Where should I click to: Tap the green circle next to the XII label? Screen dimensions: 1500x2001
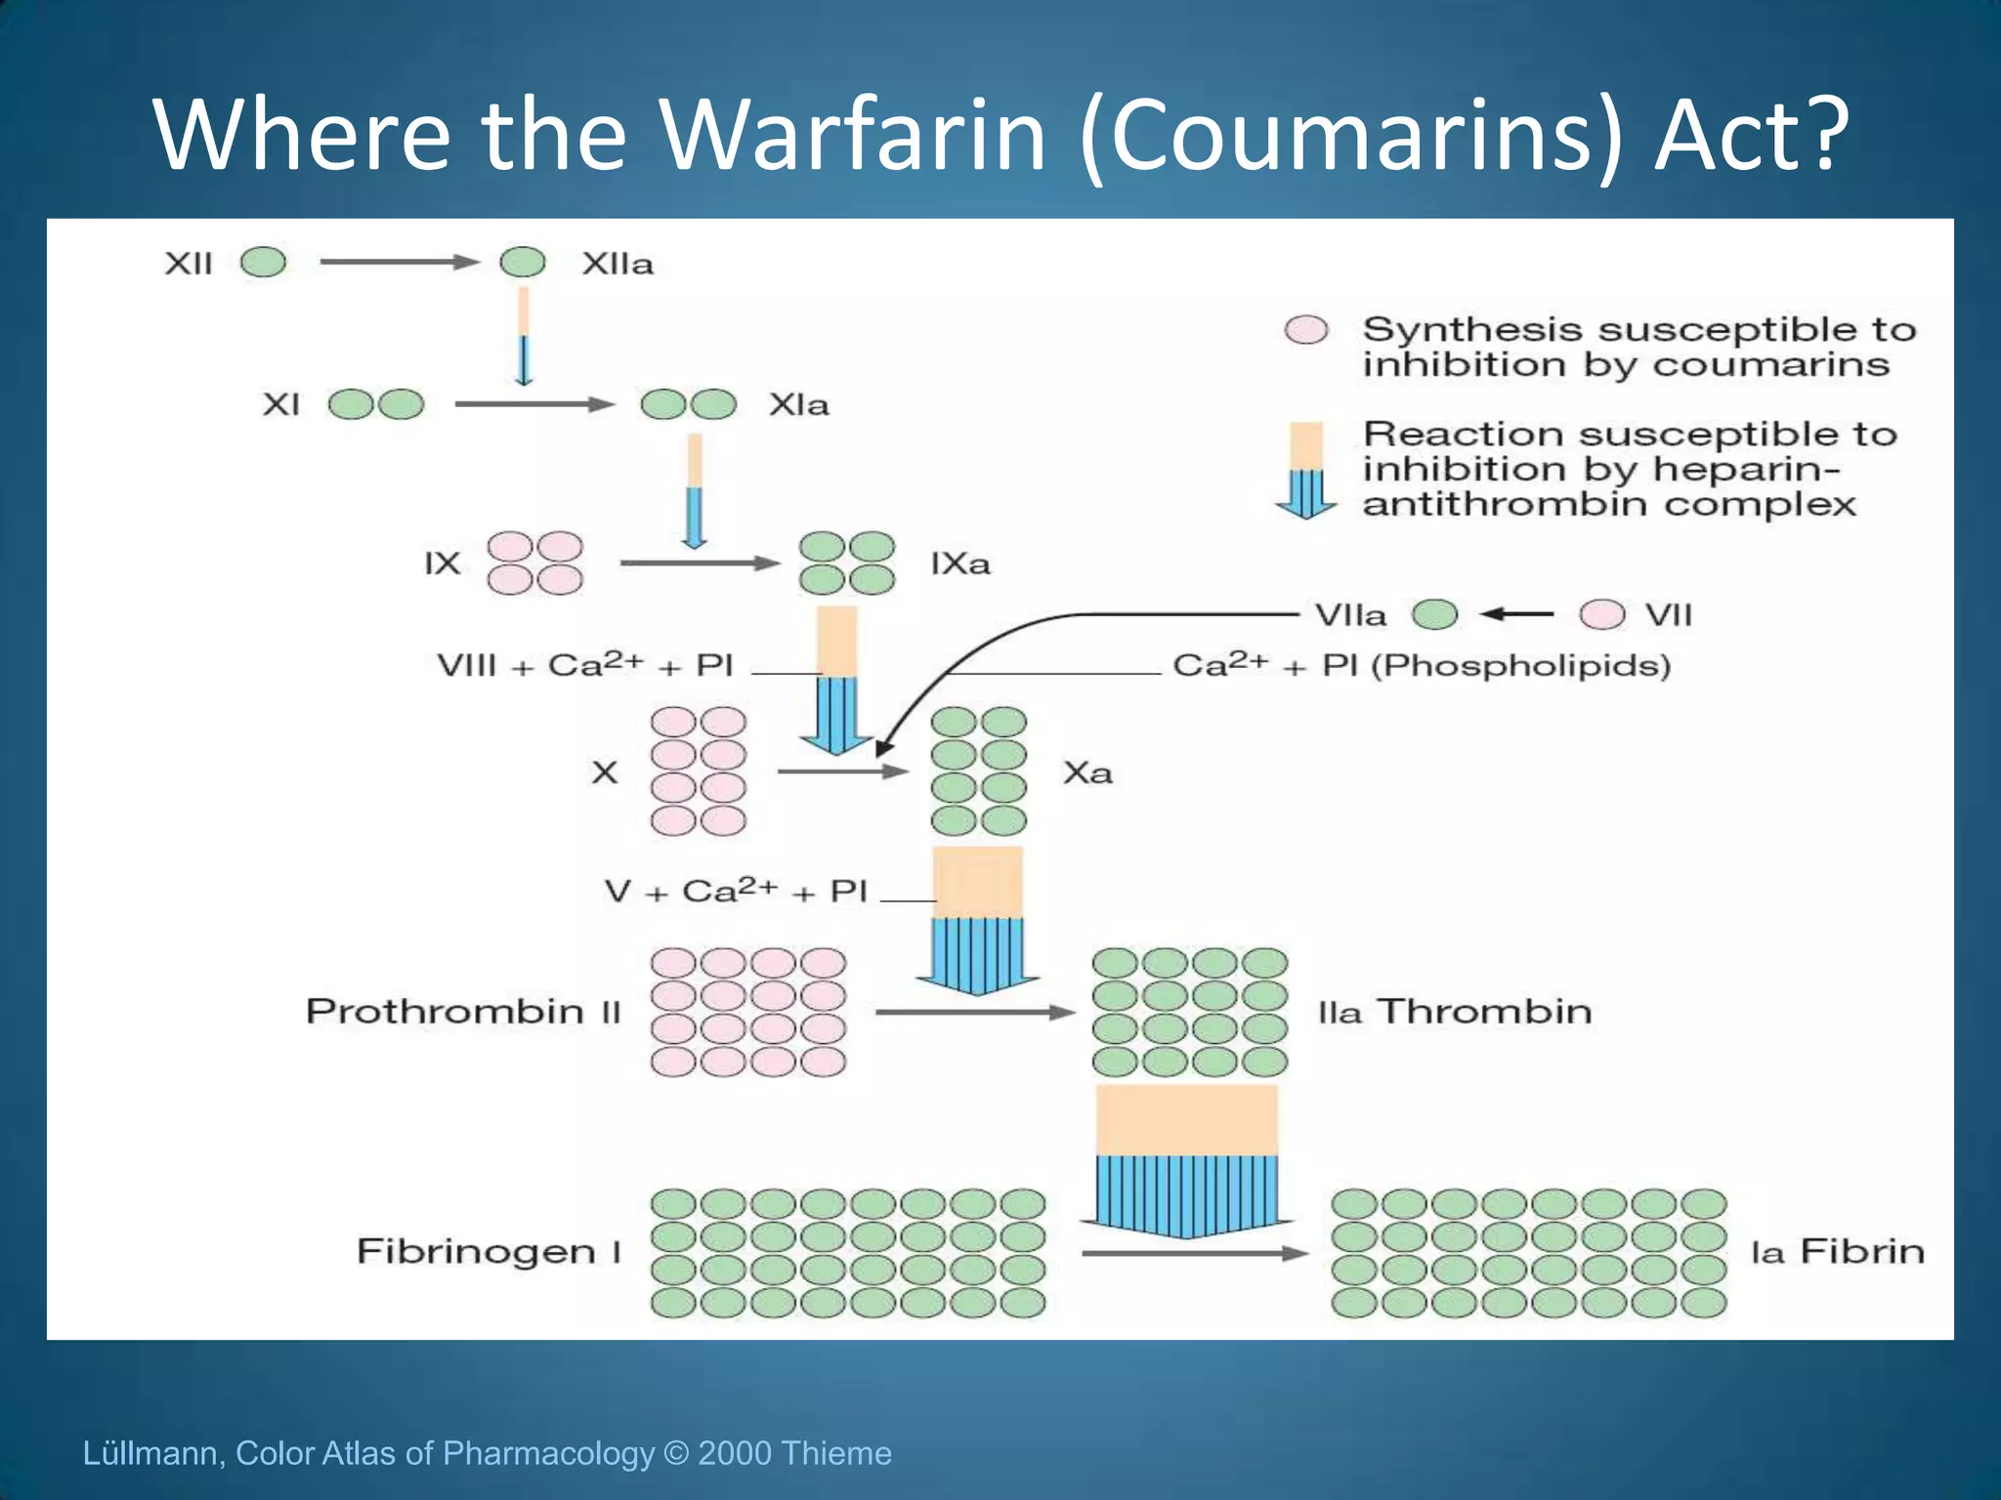(x=264, y=262)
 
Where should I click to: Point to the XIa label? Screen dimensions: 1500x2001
(x=798, y=404)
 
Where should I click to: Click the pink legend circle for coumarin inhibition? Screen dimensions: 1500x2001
(x=1306, y=330)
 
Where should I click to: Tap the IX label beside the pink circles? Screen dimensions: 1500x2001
(x=443, y=563)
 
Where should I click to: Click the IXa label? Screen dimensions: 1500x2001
(x=959, y=563)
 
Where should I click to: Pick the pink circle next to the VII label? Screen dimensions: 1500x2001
(x=1602, y=614)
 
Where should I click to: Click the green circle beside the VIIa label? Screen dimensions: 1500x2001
(x=1435, y=614)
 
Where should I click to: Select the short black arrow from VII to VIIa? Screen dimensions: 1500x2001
(x=1517, y=614)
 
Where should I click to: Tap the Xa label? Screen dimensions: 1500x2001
(x=1087, y=772)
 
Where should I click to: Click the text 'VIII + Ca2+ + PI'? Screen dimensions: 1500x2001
(x=584, y=665)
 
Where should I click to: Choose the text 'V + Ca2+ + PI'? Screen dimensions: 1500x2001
(x=736, y=891)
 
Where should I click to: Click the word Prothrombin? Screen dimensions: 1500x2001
(x=445, y=1011)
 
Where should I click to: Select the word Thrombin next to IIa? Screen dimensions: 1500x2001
(x=1484, y=1011)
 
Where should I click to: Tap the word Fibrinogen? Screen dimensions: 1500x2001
(x=476, y=1251)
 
